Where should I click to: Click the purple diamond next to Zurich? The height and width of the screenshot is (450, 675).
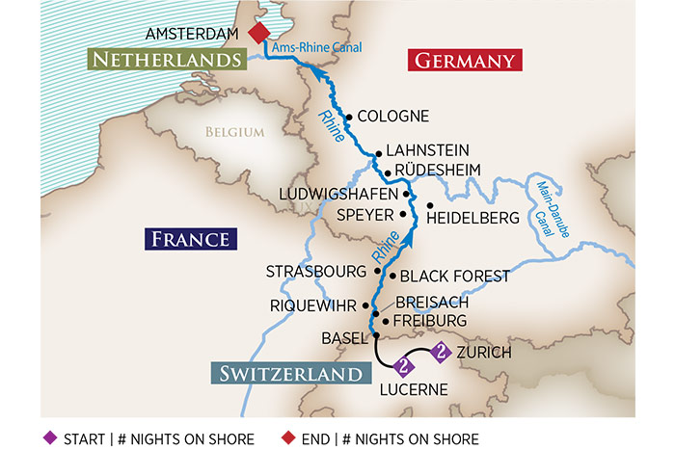[x=441, y=353]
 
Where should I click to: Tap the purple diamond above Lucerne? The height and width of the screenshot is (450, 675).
[x=404, y=366]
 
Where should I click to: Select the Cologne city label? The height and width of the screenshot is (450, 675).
[x=391, y=116]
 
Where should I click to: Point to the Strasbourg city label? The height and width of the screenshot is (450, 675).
[x=316, y=273]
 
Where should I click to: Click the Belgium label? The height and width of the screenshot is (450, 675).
[x=233, y=133]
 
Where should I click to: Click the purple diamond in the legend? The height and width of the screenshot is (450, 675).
[x=51, y=438]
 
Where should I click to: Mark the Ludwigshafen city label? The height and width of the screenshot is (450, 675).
[x=338, y=195]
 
